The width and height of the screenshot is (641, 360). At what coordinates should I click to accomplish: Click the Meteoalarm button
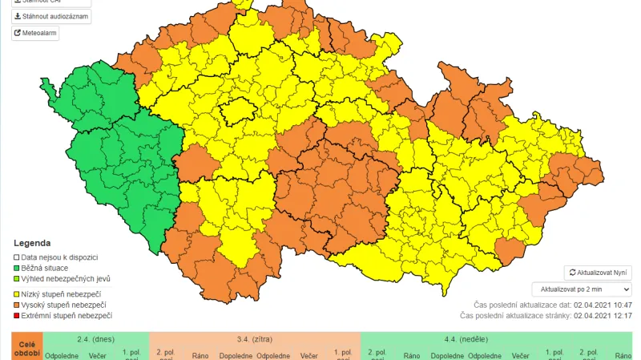[35, 33]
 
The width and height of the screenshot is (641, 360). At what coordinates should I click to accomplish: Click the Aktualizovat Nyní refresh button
[598, 273]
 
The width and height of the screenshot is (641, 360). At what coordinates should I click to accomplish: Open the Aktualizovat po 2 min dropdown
[581, 289]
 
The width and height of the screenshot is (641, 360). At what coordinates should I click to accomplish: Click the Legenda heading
[32, 243]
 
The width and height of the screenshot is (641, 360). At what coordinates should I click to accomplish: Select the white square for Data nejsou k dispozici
[17, 257]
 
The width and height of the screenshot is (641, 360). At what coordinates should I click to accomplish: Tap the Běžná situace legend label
[45, 268]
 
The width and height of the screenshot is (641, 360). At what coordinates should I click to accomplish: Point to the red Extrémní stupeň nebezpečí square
[17, 316]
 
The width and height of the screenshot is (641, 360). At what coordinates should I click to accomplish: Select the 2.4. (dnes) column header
[95, 339]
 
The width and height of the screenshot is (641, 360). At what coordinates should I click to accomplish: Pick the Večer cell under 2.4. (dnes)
[97, 355]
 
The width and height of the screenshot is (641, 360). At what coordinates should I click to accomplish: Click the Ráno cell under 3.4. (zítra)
[200, 355]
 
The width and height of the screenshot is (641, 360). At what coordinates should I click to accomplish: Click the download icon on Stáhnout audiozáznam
[18, 16]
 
